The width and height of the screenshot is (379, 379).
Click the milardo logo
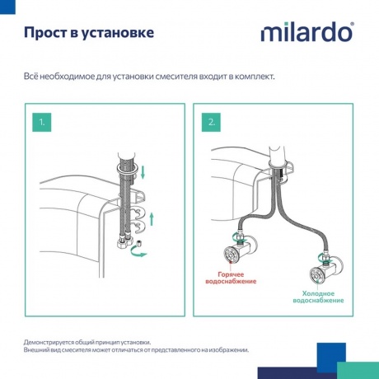tap(307, 32)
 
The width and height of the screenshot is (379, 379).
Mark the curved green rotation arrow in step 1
tap(144, 255)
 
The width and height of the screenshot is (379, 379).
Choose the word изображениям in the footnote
tap(222, 349)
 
